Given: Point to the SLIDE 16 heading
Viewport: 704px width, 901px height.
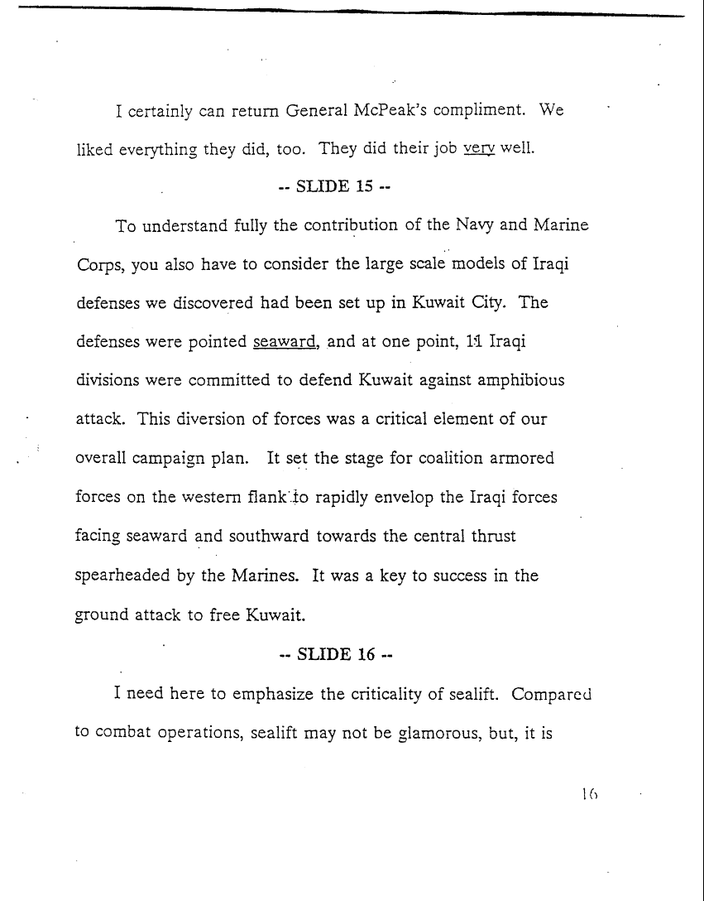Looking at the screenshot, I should [335, 653].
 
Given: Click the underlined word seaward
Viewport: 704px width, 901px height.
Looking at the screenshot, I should [286, 341].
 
